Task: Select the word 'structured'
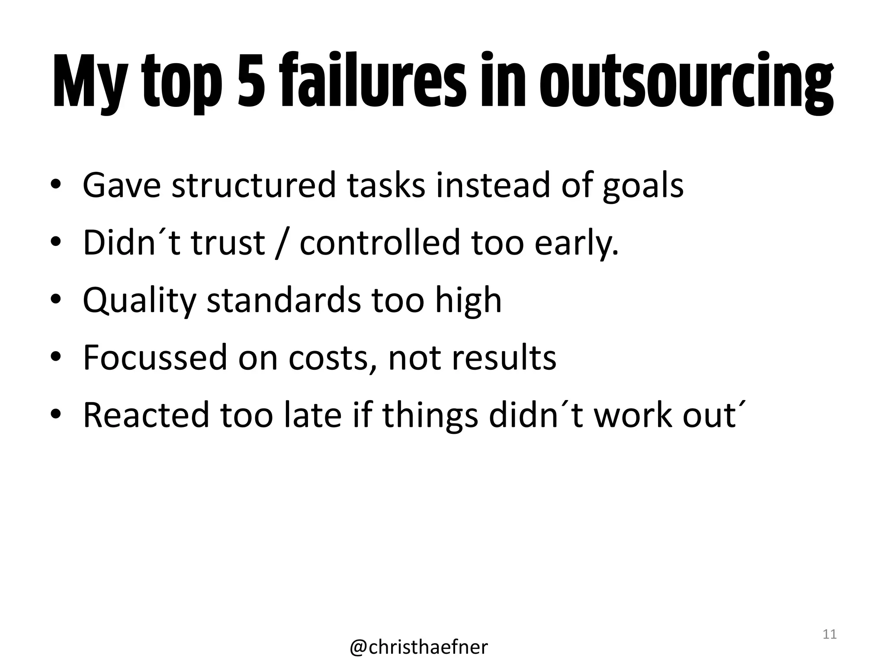(x=254, y=185)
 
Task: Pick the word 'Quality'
(x=139, y=300)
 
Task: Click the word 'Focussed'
(x=155, y=358)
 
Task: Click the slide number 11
(x=829, y=634)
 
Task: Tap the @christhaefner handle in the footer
(x=418, y=647)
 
